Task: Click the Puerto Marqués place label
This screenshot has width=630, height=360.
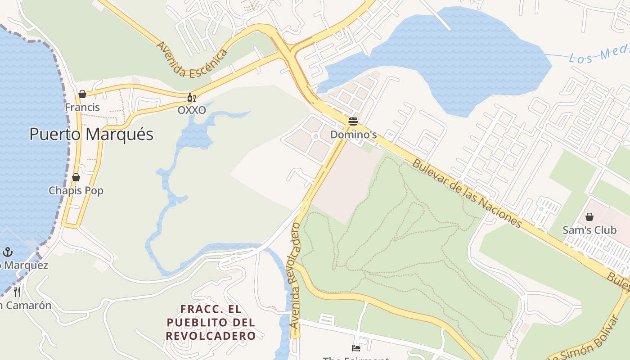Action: [x=91, y=134]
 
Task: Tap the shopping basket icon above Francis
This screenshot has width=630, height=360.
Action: [x=82, y=94]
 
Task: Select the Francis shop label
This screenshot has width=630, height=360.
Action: [x=82, y=107]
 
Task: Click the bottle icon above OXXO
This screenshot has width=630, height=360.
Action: [x=192, y=97]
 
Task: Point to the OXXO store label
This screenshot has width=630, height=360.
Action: [x=192, y=110]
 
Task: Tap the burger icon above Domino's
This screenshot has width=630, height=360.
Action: [x=353, y=121]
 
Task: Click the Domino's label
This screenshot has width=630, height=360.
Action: [x=353, y=135]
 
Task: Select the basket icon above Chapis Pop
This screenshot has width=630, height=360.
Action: [x=76, y=177]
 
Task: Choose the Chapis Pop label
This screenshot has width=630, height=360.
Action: [x=76, y=190]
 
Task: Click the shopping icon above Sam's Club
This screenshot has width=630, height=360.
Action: [x=589, y=217]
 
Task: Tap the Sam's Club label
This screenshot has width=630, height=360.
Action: [x=589, y=230]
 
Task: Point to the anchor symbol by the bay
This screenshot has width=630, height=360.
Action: [x=8, y=252]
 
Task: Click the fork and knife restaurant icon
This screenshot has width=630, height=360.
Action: [x=17, y=292]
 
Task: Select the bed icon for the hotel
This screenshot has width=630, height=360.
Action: [x=356, y=348]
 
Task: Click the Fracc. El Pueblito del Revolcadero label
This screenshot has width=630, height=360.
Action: [x=211, y=323]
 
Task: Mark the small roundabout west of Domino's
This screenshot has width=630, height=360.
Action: [x=315, y=136]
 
